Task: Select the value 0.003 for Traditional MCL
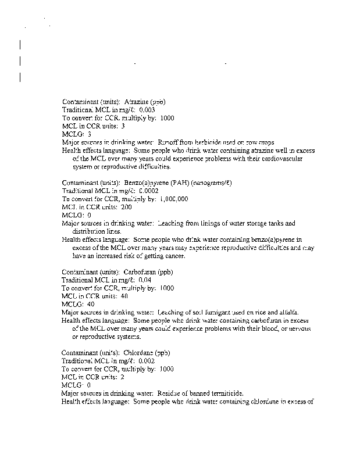click(x=147, y=109)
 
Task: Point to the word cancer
click(x=172, y=256)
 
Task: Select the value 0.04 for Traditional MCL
click(x=145, y=280)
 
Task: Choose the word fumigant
click(x=207, y=312)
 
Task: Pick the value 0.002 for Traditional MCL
click(x=147, y=360)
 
